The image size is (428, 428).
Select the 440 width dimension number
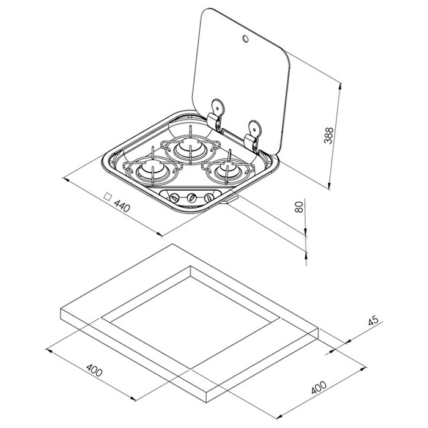(x=124, y=206)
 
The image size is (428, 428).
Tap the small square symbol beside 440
(x=108, y=197)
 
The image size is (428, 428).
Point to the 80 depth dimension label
(x=299, y=205)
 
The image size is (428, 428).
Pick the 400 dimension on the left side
(x=94, y=370)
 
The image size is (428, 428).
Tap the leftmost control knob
(x=174, y=197)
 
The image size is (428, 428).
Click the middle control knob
(x=192, y=197)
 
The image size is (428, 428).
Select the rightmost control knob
(x=209, y=197)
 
